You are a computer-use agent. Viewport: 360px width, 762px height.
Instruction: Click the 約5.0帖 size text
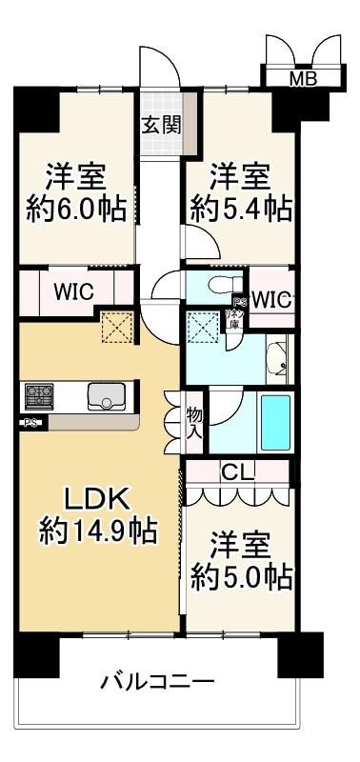tap(240, 576)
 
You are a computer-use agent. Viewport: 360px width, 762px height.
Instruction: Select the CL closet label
tap(236, 471)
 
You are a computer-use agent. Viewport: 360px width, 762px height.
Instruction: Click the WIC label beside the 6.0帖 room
tap(72, 291)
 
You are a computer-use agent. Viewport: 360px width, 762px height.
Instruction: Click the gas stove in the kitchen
tap(41, 395)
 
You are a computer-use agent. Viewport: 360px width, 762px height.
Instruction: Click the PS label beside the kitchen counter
tap(30, 424)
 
